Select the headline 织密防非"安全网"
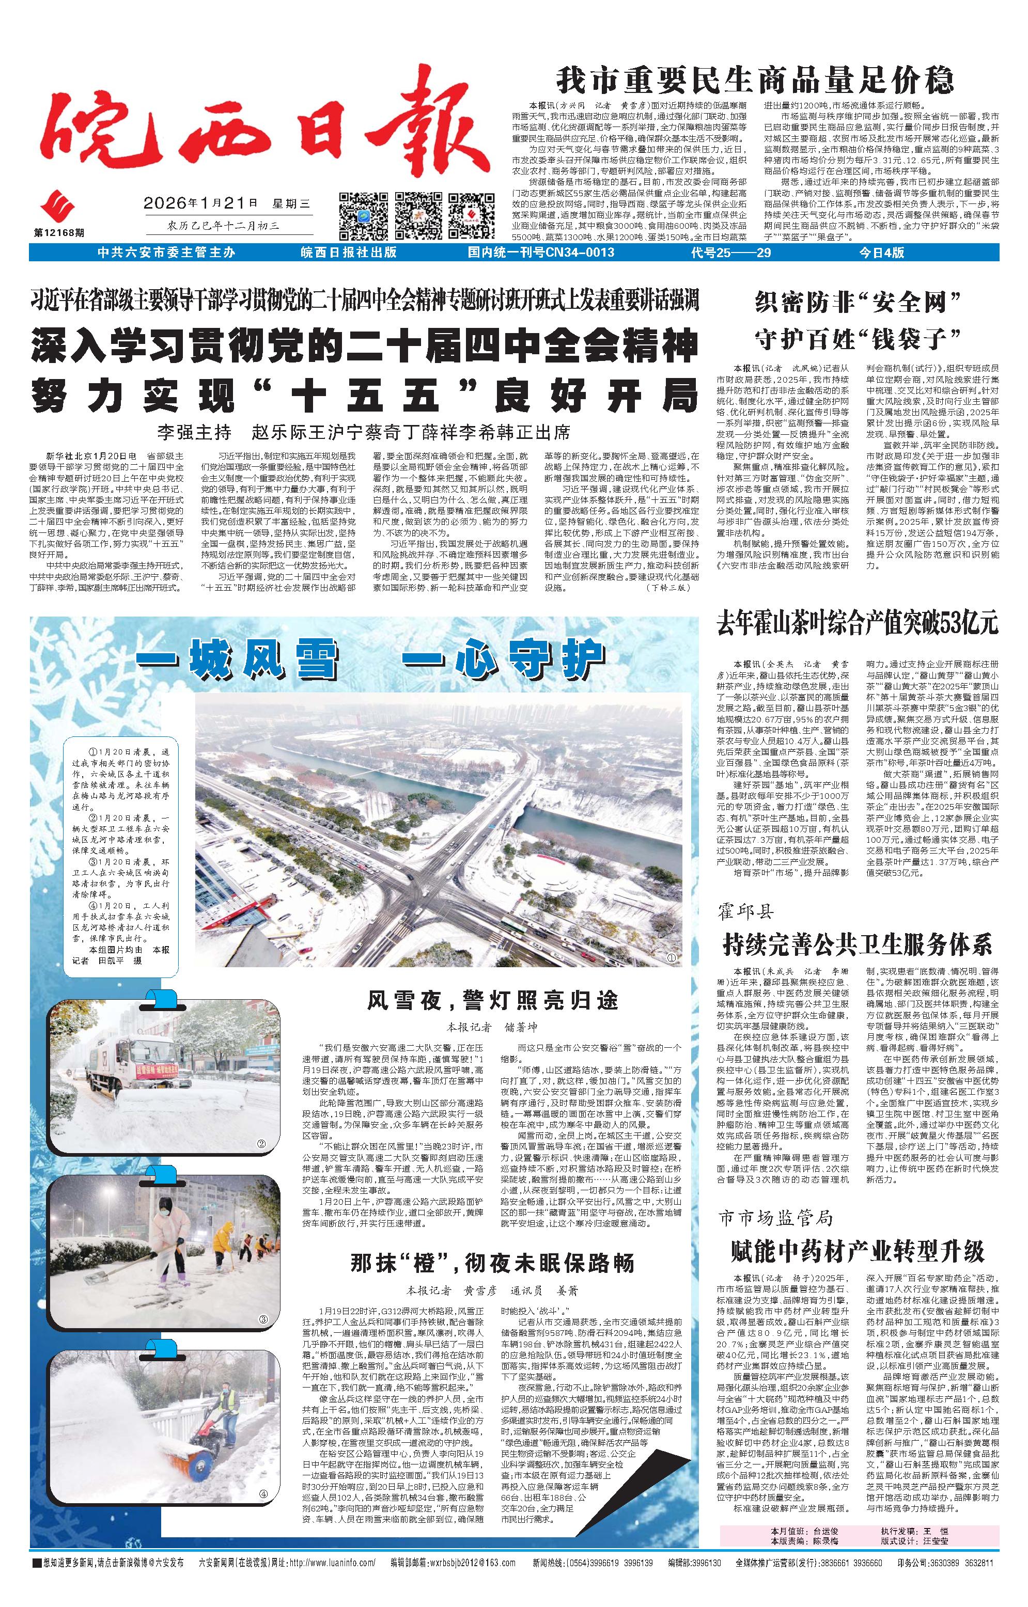pos(857,304)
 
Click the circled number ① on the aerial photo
pos(672,958)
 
